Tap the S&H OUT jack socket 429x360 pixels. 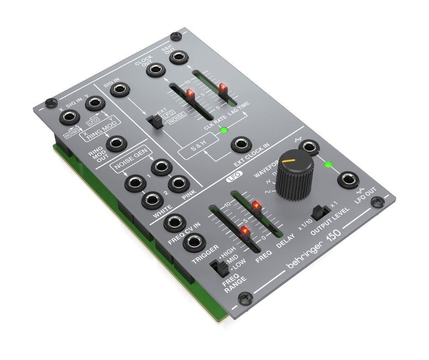click(179, 57)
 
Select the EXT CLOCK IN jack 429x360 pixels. click(241, 145)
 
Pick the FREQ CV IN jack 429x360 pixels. click(174, 222)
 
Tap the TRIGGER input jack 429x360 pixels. click(194, 243)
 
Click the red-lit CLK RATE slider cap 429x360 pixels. click(190, 95)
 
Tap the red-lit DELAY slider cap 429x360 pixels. click(256, 207)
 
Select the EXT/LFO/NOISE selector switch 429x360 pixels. click(157, 122)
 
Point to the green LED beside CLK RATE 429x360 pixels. click(223, 131)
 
